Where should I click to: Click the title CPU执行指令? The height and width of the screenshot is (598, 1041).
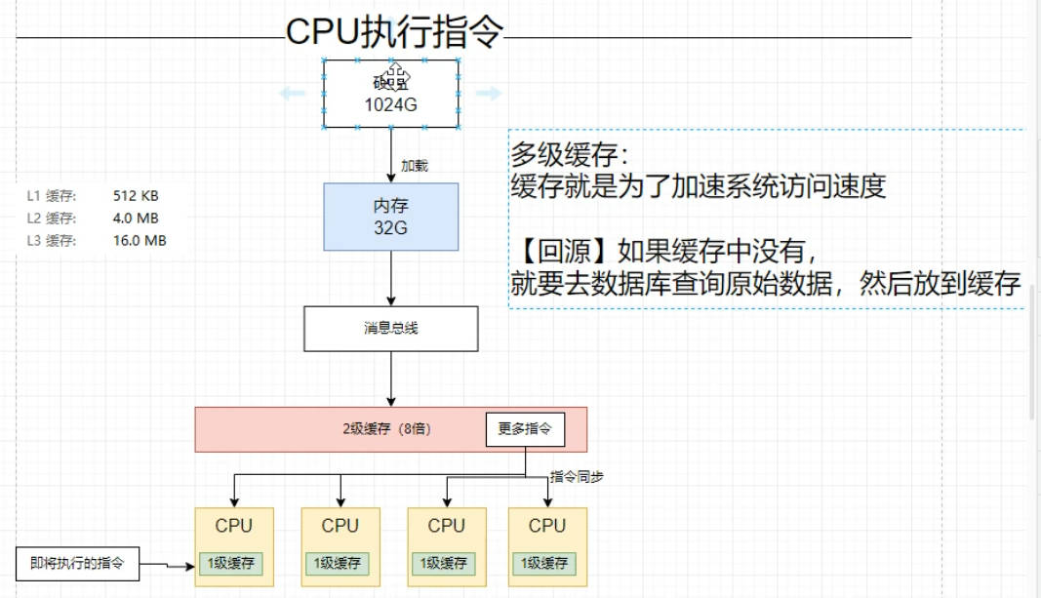coord(394,32)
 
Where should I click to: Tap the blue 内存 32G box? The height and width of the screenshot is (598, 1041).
coord(390,217)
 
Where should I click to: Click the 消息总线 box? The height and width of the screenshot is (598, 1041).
coord(390,329)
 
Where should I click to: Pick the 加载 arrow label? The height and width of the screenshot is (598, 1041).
coord(415,166)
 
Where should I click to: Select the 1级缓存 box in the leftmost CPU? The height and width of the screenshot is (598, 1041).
coord(233,563)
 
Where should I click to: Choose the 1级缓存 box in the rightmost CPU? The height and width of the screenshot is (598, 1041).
coord(546,563)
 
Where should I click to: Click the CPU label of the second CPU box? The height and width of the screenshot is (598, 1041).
coord(340,526)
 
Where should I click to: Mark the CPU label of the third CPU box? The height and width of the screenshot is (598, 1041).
coord(446,526)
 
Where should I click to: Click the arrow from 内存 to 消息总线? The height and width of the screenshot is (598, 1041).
coord(390,278)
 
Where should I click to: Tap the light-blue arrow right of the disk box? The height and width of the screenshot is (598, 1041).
coord(488,94)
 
